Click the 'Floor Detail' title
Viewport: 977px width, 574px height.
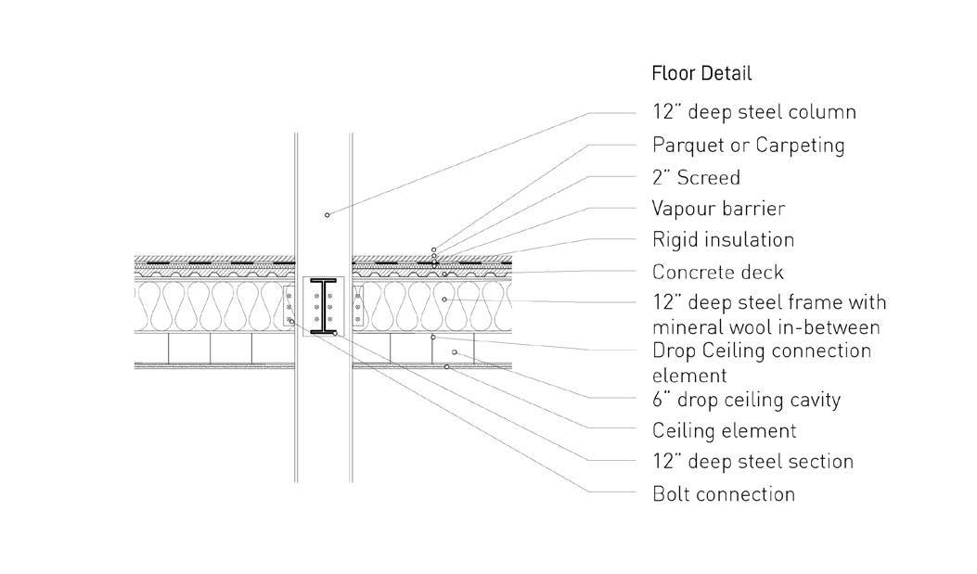click(x=701, y=73)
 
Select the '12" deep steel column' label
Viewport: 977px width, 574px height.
click(x=753, y=112)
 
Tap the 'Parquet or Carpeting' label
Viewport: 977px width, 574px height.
click(x=748, y=145)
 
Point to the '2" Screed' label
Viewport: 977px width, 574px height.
click(x=696, y=177)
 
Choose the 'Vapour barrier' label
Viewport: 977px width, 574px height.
click(x=718, y=209)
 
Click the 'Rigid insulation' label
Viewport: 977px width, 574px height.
click(x=723, y=240)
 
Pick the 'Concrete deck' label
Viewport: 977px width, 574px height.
click(x=717, y=273)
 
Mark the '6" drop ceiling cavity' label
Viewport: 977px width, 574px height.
click(x=746, y=401)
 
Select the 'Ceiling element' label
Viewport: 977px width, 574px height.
click(x=724, y=431)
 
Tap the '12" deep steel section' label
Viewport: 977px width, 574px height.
click(x=752, y=462)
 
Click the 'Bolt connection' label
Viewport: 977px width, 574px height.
click(x=723, y=494)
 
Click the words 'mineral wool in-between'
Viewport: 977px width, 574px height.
click(x=765, y=326)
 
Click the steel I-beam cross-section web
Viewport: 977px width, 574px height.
click(x=323, y=305)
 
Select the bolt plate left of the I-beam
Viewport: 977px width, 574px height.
click(x=290, y=307)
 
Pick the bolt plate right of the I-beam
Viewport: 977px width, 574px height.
click(x=357, y=307)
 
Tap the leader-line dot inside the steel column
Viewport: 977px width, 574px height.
click(x=327, y=215)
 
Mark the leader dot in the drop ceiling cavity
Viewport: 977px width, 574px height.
click(x=454, y=352)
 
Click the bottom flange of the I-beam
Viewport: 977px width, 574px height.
click(x=323, y=330)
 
